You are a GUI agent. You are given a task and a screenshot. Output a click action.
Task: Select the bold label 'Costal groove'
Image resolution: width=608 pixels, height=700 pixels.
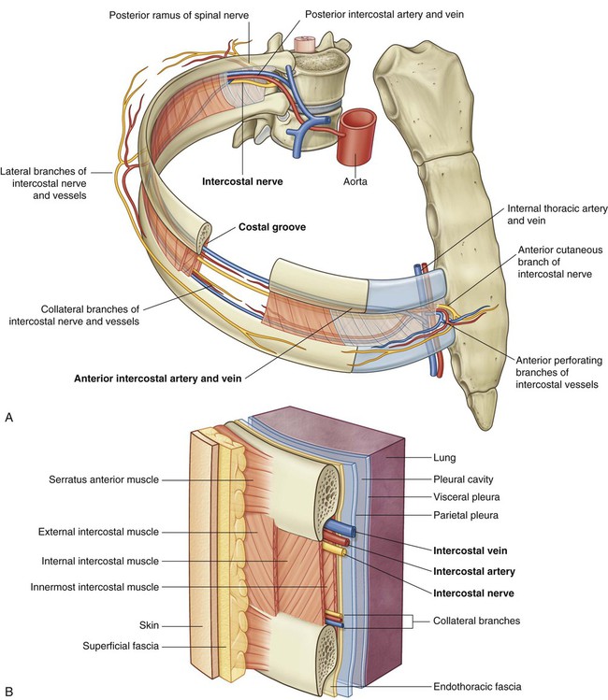click(x=271, y=227)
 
